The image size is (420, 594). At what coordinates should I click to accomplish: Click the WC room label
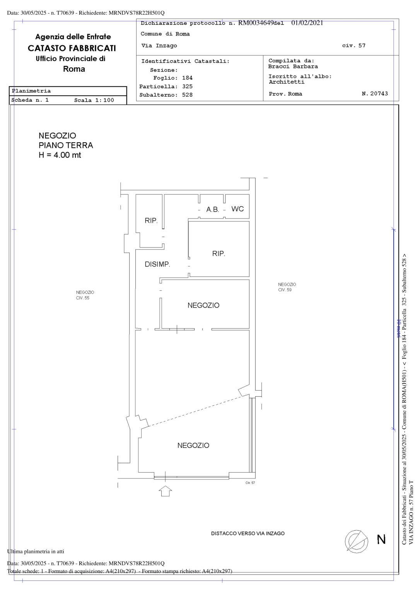point(237,209)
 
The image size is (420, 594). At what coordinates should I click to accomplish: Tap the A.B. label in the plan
point(213,210)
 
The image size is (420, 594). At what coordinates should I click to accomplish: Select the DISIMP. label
point(157,264)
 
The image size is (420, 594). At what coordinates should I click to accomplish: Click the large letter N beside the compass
point(381,539)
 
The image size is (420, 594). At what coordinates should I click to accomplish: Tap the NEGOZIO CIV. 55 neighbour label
point(85,295)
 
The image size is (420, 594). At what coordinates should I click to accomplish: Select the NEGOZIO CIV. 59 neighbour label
point(287,287)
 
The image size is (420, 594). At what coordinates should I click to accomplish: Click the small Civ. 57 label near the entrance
point(250,483)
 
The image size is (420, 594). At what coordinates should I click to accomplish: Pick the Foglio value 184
point(187,78)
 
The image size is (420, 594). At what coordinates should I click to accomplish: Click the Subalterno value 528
point(187,95)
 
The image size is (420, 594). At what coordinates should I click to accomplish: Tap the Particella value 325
point(187,87)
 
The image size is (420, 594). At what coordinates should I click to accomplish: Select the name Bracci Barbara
point(293,67)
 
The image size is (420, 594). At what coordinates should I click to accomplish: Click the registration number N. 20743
point(375,94)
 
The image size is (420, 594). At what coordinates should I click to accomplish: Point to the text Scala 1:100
point(94,100)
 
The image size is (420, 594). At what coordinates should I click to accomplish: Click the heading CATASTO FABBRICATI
point(72,48)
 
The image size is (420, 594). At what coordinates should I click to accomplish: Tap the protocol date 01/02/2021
point(307,23)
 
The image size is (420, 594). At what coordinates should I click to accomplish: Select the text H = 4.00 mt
point(60,155)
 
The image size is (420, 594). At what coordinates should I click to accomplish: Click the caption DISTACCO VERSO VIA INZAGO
point(248,534)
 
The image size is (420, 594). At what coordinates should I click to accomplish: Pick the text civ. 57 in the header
point(354,46)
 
